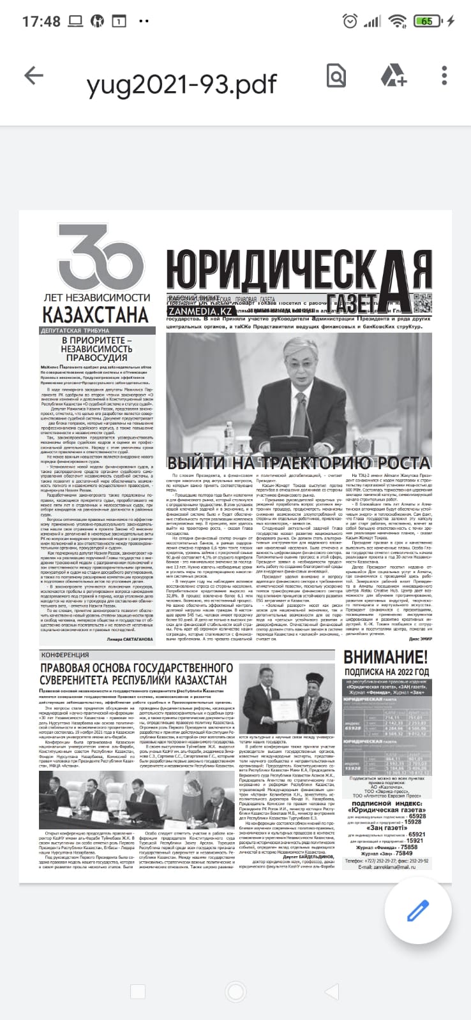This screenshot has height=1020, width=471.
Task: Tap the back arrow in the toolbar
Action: pos(33,76)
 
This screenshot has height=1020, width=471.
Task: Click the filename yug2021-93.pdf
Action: pos(181,84)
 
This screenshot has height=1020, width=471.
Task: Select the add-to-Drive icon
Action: pos(393,76)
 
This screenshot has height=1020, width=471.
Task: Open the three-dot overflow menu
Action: pos(444,76)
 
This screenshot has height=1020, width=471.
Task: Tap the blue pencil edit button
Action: pos(418,910)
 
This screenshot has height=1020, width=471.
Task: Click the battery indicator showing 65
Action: pos(426,21)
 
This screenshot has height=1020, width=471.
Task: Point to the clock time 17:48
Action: pos(41,21)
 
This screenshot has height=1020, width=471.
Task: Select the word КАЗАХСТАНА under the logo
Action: pos(96,315)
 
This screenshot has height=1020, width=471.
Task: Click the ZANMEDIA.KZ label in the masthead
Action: pos(200,311)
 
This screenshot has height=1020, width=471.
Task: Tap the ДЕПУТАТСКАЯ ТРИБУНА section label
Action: pos(75,331)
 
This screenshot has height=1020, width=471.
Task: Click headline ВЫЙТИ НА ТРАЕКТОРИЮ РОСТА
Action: pos(298,463)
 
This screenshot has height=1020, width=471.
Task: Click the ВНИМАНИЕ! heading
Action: pos(385,657)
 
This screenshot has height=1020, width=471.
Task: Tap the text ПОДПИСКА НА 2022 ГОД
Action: pos(386,672)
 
